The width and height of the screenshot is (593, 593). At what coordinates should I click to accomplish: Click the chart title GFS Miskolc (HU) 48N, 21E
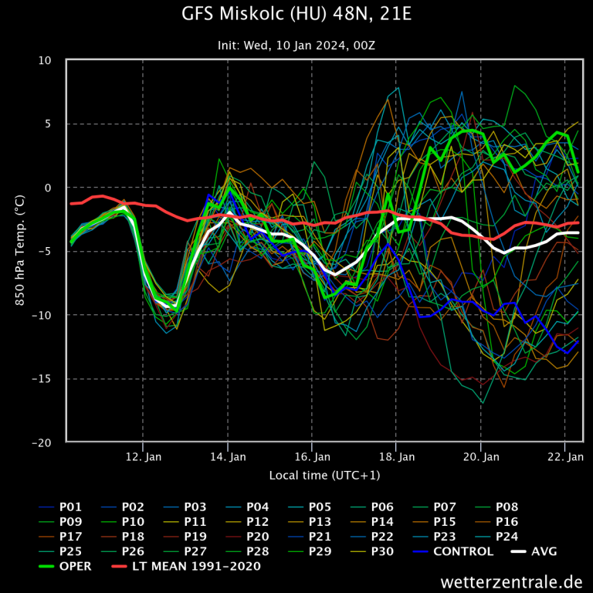click(296, 15)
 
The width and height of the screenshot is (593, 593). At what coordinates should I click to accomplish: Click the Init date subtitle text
click(296, 46)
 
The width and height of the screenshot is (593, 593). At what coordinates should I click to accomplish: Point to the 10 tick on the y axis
click(46, 60)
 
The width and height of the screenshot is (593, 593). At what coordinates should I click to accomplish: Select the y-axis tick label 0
click(49, 188)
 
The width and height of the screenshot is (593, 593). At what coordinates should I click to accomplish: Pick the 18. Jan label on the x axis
click(396, 457)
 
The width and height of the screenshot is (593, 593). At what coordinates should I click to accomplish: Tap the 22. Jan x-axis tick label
click(564, 457)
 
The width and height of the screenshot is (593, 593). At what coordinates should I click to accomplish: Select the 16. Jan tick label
click(312, 457)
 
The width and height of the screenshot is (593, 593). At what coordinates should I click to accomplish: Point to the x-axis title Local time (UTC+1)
click(324, 475)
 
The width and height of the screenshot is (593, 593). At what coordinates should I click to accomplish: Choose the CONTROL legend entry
click(463, 551)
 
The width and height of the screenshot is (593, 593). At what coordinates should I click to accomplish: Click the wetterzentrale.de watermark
click(511, 581)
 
